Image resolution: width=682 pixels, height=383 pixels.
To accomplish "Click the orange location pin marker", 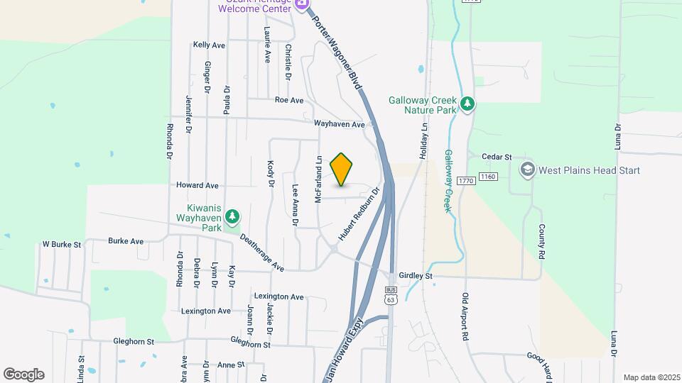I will pyautogui.click(x=342, y=170).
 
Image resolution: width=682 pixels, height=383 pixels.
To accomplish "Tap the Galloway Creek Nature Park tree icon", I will pyautogui.click(x=467, y=105).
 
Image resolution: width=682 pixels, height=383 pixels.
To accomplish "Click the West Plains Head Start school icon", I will pyautogui.click(x=527, y=170).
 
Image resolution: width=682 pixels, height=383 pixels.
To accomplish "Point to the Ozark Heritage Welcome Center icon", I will pyautogui.click(x=302, y=4).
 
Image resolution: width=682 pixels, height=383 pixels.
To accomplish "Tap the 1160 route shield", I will pyautogui.click(x=487, y=176).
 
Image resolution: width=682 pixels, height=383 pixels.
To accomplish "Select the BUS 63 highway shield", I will pyautogui.click(x=391, y=294).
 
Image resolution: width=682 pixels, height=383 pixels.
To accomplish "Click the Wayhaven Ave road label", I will pyautogui.click(x=340, y=124).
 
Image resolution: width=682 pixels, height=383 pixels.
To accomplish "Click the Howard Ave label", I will pyautogui.click(x=197, y=185).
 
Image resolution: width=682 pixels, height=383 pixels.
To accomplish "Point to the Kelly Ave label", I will pyautogui.click(x=209, y=45).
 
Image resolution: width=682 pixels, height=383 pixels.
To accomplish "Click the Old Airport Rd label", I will pyautogui.click(x=467, y=316).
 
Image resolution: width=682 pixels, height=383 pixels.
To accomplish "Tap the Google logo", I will pyautogui.click(x=23, y=374).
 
